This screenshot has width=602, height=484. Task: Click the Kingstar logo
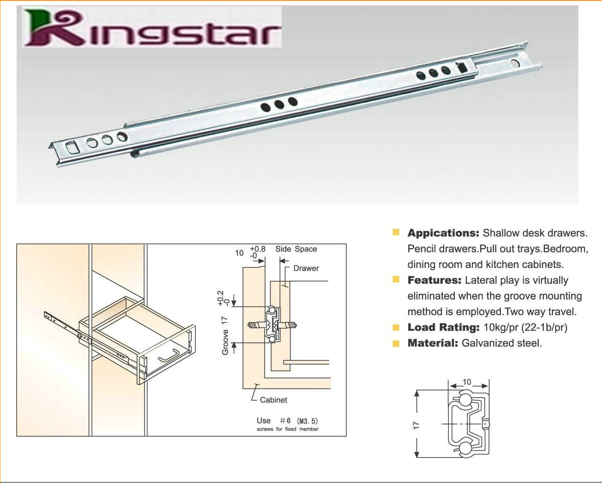pos(152,27)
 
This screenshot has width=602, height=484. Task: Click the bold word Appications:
pos(443,233)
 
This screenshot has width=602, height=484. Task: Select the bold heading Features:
pos(434,280)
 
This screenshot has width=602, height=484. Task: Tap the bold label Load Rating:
pos(443,327)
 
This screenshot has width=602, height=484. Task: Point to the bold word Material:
pos(433,343)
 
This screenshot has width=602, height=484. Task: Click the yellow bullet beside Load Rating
pos(396,327)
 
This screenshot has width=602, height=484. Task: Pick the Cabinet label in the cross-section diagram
pos(273,400)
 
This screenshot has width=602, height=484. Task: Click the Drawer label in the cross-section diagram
pos(306,268)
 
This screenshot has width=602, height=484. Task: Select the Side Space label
pos(296,249)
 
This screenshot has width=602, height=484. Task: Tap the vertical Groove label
pos(225,342)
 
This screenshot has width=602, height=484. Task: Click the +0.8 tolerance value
pos(258,249)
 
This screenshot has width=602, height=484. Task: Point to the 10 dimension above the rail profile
pos(467,382)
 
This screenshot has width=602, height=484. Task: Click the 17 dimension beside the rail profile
pos(416,426)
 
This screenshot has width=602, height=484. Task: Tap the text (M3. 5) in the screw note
pos(308,421)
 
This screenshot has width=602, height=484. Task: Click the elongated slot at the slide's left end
pos(72,147)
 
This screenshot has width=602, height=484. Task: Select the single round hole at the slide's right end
pos(515,63)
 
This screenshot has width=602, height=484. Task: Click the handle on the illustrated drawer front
pos(168,356)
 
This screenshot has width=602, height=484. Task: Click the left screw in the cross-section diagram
pos(257,325)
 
